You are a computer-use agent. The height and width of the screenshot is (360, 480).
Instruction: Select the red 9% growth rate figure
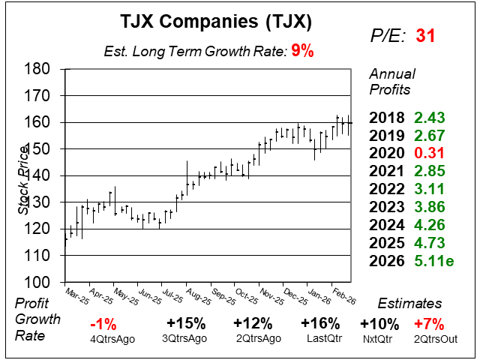click(302, 52)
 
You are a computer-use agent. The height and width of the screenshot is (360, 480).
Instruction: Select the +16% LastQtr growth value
click(319, 324)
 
